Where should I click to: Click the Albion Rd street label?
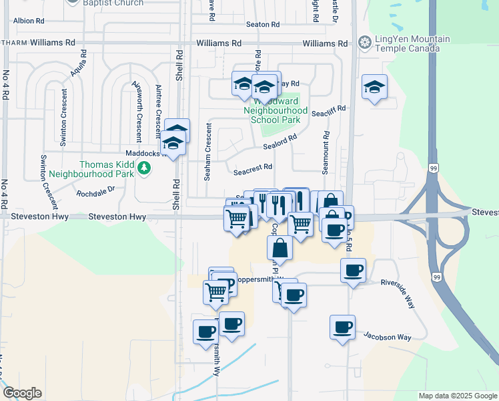coord(28,21)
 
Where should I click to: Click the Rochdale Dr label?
coord(95,192)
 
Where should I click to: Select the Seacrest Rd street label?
coord(253,168)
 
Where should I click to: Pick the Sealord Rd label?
coord(279,143)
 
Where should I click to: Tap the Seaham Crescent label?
coord(207,151)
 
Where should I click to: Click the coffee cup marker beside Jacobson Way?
coord(342,327)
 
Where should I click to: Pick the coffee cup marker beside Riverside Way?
coord(353,270)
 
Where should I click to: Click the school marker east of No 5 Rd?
coord(375,86)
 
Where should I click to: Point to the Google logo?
coord(23,393)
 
